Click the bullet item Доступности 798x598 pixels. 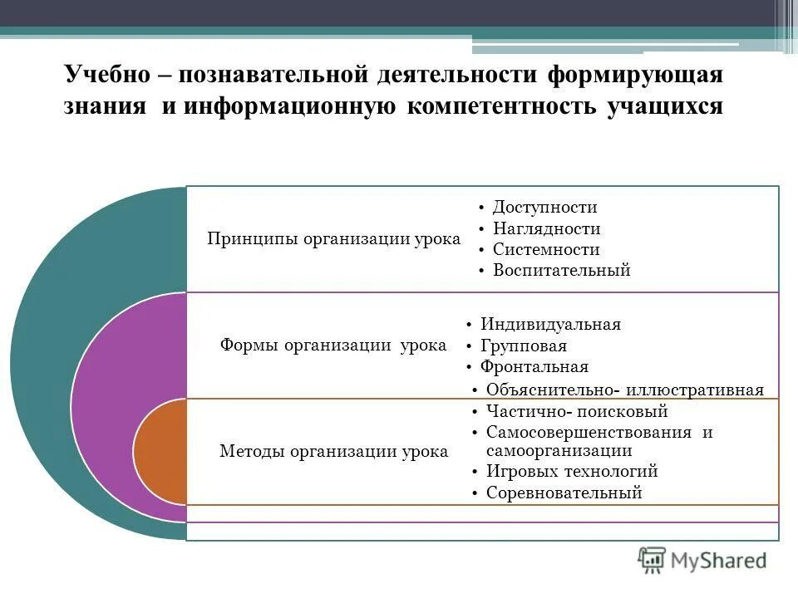coord(544,208)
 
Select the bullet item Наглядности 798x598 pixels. coord(546,228)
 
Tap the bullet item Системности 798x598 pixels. coord(545,249)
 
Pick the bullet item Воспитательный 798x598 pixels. coord(561,270)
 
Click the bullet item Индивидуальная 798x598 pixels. coord(550,325)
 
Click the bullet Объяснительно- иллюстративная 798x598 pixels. coord(624,390)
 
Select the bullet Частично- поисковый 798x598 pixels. coord(577,411)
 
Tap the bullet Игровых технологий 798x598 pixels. coord(572,472)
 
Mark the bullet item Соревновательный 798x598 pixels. coord(564,493)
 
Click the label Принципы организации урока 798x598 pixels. coord(333,239)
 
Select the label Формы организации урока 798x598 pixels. coord(332,345)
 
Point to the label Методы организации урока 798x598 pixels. coord(333,451)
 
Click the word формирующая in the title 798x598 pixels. coord(635,74)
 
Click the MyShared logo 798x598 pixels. coord(702,559)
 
